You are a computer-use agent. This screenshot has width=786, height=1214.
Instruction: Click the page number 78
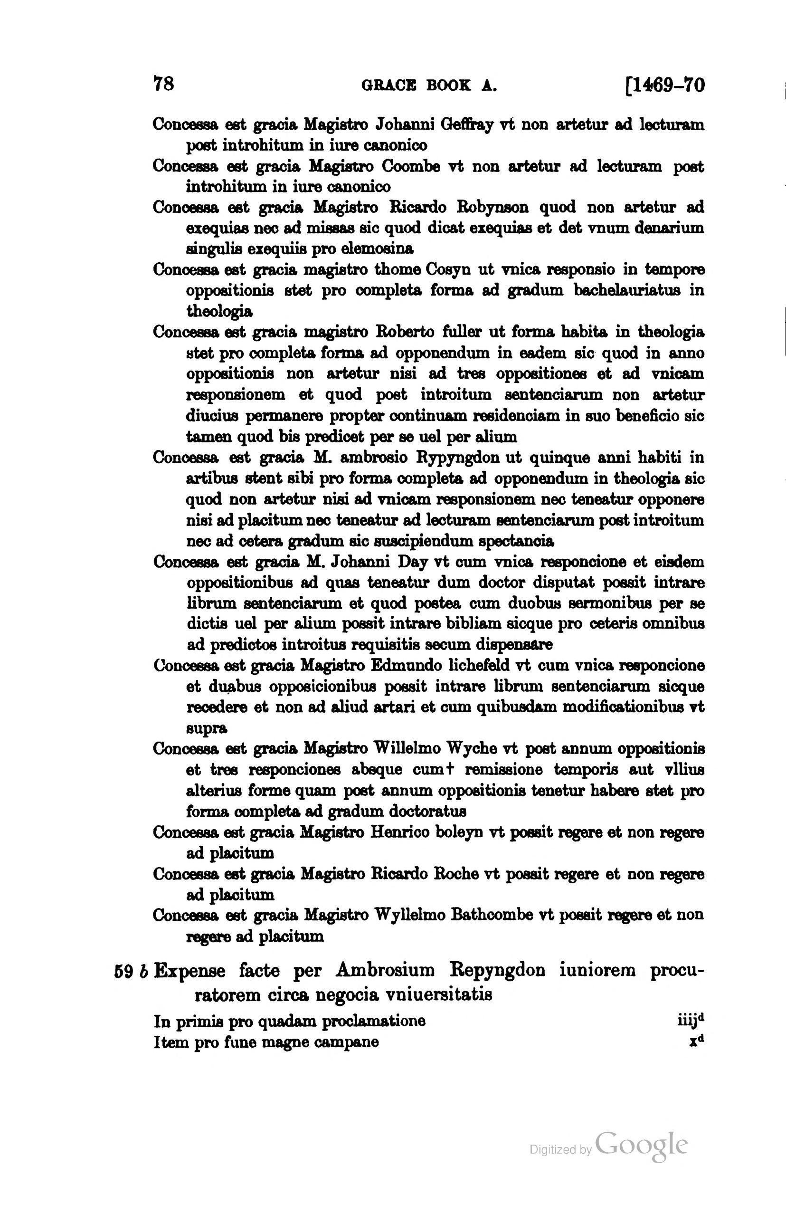click(x=164, y=84)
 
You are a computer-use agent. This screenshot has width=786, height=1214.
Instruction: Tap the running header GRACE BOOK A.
click(x=429, y=85)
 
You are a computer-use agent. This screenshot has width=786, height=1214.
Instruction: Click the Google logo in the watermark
click(x=641, y=1146)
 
